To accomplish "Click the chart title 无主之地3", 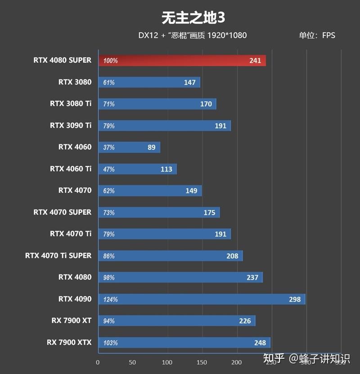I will tap(193, 18).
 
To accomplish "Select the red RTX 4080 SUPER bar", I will tap(182, 60).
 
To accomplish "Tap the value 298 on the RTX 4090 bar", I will tap(295, 299).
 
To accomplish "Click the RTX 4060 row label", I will tap(75, 147).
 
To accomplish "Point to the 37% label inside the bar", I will tap(109, 148).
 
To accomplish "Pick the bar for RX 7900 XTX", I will tap(184, 342).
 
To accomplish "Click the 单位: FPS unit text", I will tap(317, 35).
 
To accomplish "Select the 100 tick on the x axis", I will tap(167, 362).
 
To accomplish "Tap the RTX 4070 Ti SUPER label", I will tap(58, 255).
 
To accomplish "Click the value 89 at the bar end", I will tap(151, 148).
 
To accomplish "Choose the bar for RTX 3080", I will tap(149, 82).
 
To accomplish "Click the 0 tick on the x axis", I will tap(98, 362).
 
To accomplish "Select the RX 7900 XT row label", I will tap(71, 320).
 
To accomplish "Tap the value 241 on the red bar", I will tap(255, 61).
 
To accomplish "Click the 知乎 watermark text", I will tap(274, 358).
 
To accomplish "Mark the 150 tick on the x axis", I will tap(202, 362).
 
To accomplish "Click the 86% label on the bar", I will tap(109, 256).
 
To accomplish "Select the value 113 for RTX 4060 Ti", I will tap(166, 169).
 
